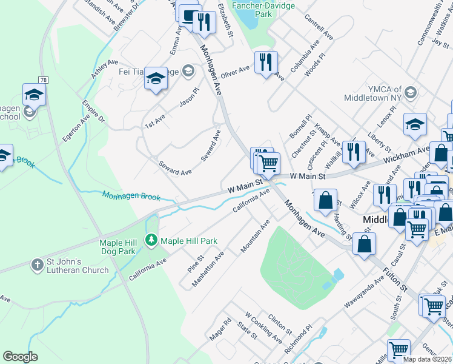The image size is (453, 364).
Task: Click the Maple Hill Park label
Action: pos(188,241)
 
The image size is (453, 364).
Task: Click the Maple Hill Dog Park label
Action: pos(117,247)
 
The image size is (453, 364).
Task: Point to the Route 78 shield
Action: pos(43,80)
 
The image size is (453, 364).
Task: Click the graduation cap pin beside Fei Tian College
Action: pos(156,78)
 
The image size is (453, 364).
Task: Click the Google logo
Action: pos(20,357)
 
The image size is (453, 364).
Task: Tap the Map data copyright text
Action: pos(427,359)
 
